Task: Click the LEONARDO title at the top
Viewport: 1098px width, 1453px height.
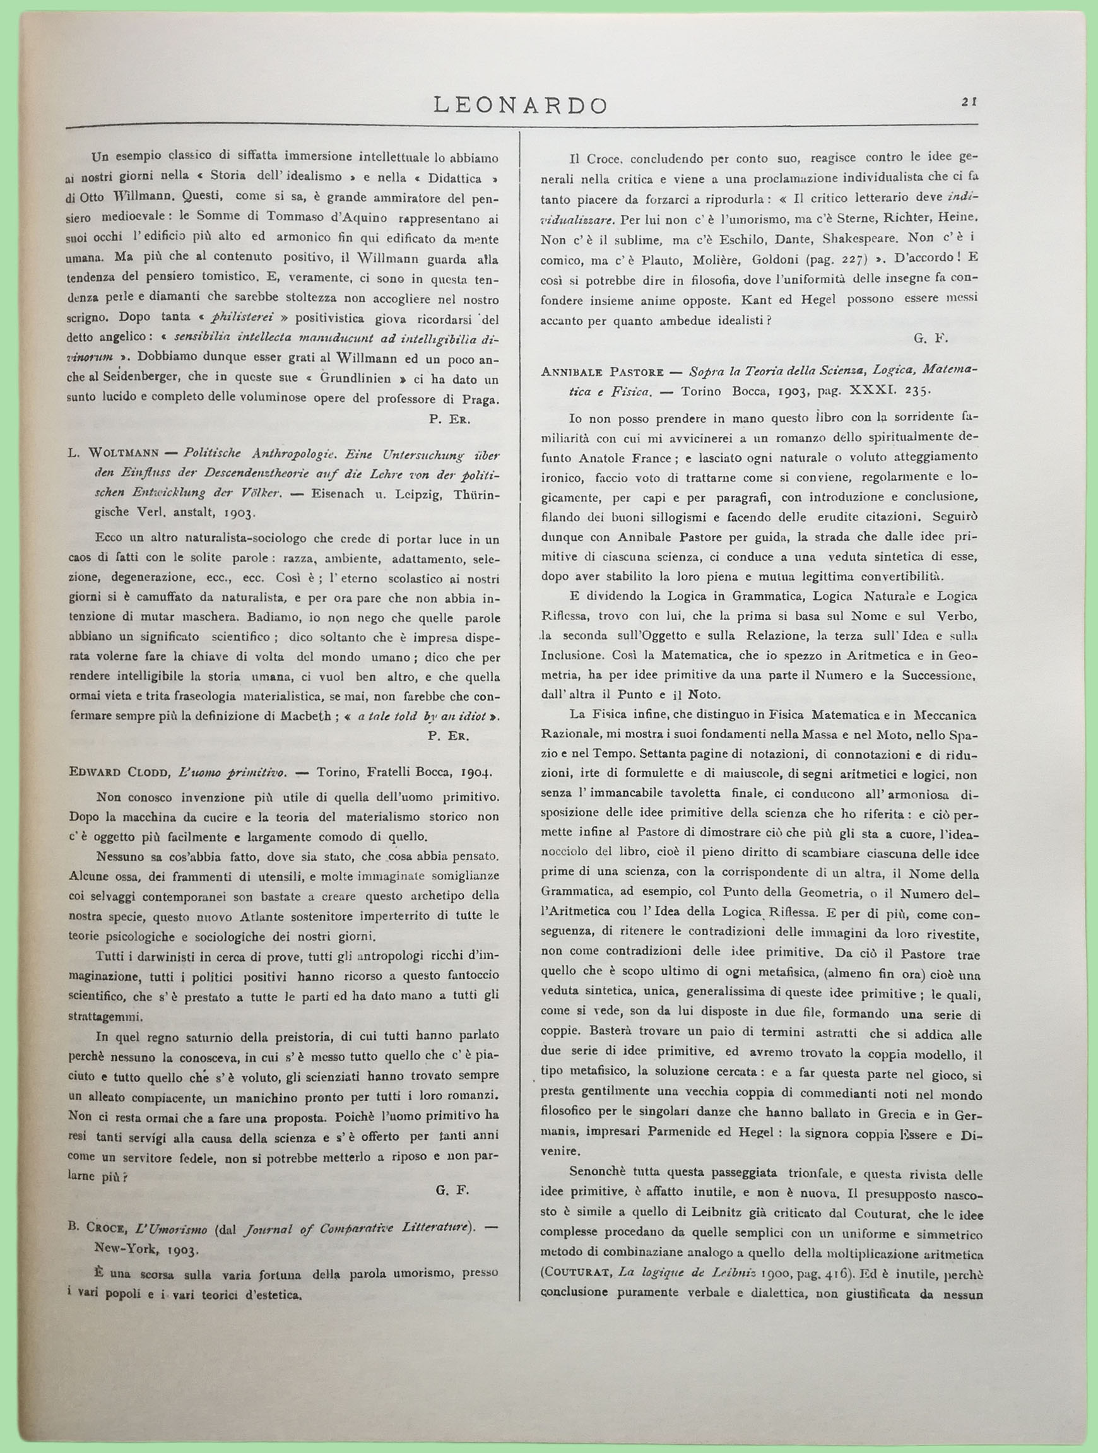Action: click(x=521, y=105)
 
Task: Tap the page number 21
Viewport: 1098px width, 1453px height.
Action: click(x=969, y=101)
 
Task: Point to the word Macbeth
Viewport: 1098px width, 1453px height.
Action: click(x=314, y=716)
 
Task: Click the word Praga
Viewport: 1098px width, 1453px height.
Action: click(x=481, y=399)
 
